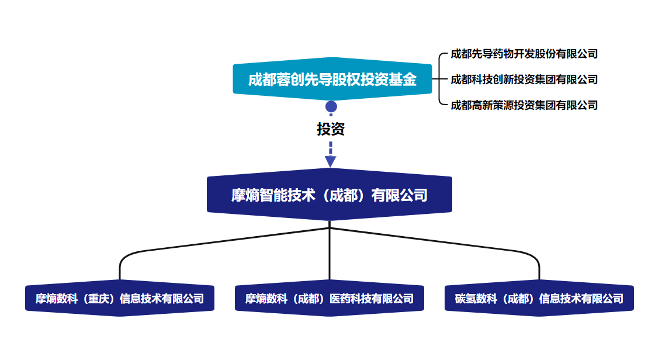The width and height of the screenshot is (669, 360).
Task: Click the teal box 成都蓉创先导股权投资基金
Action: [x=332, y=79]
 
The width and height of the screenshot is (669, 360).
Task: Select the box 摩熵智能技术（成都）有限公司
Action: [x=330, y=195]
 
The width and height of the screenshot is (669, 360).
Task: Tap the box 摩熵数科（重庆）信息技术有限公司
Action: [x=120, y=299]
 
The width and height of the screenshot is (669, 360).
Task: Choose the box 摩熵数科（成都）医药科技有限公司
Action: [x=330, y=299]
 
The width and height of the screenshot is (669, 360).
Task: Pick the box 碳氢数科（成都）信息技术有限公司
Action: [x=539, y=299]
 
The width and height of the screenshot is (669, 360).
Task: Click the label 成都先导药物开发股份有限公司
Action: [x=524, y=54]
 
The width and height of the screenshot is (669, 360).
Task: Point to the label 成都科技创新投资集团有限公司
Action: [x=524, y=79]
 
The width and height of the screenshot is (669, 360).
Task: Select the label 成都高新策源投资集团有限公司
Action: [x=524, y=105]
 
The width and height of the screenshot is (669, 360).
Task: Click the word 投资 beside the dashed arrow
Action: [x=331, y=129]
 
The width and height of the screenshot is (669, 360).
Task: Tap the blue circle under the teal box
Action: [x=331, y=107]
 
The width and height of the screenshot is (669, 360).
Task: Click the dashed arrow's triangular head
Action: [x=331, y=161]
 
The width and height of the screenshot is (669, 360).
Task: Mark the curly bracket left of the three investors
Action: [x=439, y=79]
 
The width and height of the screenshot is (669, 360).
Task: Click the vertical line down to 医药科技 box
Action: [x=330, y=257]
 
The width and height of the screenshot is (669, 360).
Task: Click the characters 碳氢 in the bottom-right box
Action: [x=465, y=299]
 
